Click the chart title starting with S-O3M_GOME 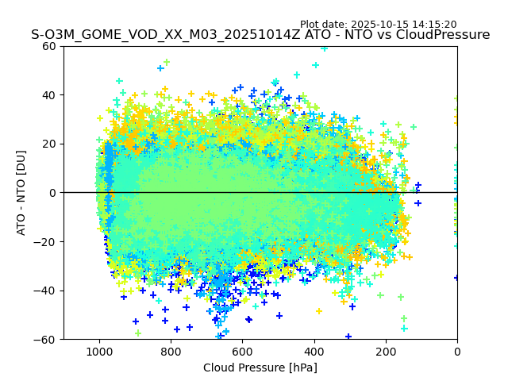tap(260, 35)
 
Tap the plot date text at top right tap(378, 25)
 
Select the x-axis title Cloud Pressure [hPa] tap(260, 368)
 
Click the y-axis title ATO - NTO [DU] tap(22, 193)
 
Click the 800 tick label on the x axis tap(171, 352)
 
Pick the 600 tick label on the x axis tap(242, 352)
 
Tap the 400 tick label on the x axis tap(314, 352)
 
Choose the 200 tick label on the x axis tap(386, 352)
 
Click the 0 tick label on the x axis tap(457, 352)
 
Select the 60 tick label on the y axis tap(50, 46)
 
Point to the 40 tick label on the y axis tap(50, 95)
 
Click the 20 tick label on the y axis tap(50, 144)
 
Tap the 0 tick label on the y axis tap(53, 193)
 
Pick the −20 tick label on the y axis tap(47, 242)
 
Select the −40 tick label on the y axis tap(47, 291)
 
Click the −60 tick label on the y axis tap(47, 340)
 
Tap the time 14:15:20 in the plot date tap(434, 25)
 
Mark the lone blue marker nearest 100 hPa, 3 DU tap(418, 186)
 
